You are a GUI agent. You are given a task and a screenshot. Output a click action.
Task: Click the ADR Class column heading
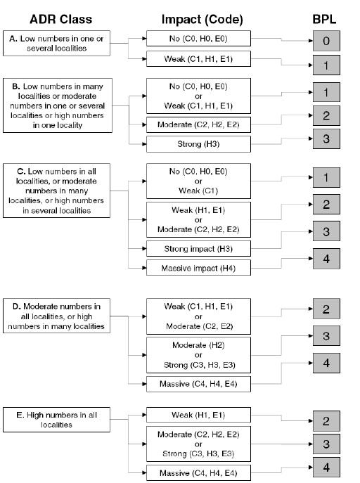coord(60,20)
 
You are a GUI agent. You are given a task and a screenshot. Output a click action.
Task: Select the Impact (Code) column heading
coord(202,20)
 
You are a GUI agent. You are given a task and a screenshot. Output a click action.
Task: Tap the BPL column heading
coord(324,20)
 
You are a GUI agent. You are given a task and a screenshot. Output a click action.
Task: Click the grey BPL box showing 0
coord(326,41)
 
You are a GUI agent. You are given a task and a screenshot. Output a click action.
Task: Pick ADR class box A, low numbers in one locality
coord(56,43)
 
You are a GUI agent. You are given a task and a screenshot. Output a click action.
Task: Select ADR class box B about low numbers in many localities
coord(58,105)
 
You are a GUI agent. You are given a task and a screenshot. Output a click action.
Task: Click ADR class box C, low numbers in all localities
coord(56,191)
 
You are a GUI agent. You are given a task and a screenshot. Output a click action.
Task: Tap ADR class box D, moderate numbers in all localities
coord(56,316)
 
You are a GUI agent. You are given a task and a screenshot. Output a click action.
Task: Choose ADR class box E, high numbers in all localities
coord(56,420)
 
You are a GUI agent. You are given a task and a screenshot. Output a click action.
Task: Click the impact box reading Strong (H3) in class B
coord(198,144)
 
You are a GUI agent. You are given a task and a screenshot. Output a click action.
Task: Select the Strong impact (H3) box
coord(198,249)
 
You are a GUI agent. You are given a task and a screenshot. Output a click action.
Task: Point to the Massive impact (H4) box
coord(198,268)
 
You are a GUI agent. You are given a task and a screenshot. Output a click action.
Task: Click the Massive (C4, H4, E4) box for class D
coord(198,384)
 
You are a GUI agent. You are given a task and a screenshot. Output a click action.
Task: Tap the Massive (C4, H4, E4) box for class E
coord(198,473)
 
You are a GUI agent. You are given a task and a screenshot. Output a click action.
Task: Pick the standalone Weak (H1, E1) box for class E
coord(198,415)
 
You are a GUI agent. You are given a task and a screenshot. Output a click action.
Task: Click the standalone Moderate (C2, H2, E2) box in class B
coord(198,124)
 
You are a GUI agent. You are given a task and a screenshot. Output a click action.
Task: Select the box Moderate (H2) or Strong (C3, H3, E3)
coord(198,355)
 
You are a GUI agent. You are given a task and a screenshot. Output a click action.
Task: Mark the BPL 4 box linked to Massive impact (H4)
coord(326,259)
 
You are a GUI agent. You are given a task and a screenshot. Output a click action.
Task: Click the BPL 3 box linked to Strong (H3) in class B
coord(326,139)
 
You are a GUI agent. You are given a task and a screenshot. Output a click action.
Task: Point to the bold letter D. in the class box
coord(17,307)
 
